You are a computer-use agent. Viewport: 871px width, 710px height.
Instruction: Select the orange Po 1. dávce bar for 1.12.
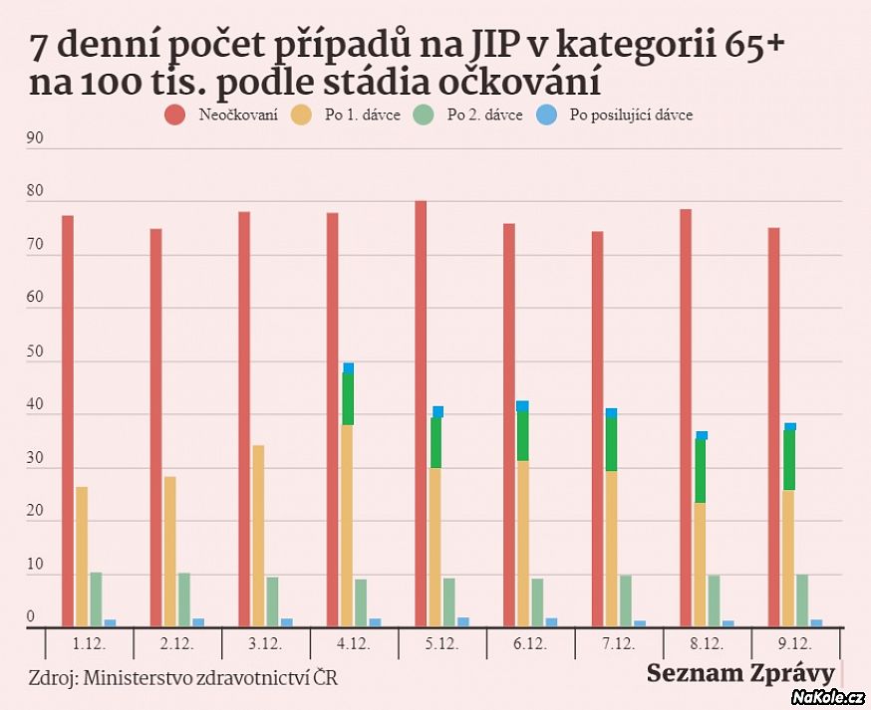click(x=82, y=558)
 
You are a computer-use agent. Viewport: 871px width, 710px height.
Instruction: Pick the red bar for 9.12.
click(x=773, y=428)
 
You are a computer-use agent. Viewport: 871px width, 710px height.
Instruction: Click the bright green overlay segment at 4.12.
click(x=348, y=398)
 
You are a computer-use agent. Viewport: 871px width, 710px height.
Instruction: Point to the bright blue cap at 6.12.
click(x=522, y=406)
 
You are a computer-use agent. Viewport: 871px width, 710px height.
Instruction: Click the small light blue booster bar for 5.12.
click(x=463, y=622)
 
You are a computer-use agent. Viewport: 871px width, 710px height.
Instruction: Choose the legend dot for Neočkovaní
click(x=175, y=115)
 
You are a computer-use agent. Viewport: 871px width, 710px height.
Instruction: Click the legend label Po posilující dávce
click(x=631, y=115)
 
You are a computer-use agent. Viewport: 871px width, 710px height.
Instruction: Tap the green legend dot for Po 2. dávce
click(x=425, y=115)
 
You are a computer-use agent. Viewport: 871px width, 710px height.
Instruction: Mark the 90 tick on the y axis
click(x=35, y=139)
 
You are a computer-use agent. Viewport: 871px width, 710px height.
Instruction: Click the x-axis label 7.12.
click(x=619, y=644)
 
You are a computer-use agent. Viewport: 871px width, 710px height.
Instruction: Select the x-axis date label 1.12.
click(x=90, y=644)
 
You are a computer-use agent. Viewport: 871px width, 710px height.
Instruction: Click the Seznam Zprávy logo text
click(x=739, y=673)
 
